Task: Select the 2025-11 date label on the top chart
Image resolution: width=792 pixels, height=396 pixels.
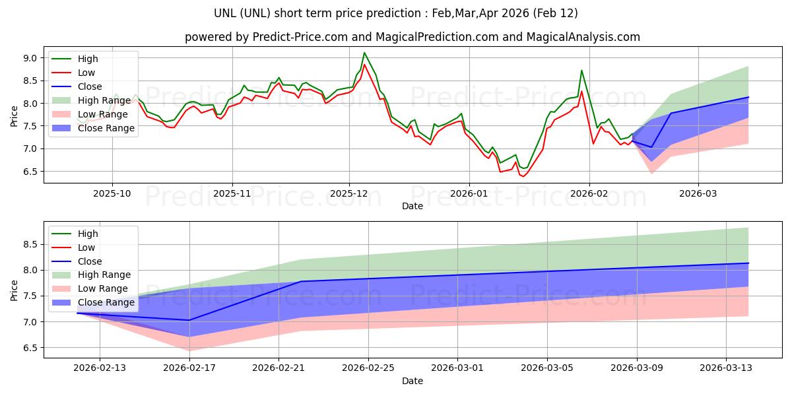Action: tap(232, 193)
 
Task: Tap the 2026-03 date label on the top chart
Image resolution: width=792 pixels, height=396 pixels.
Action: tap(698, 193)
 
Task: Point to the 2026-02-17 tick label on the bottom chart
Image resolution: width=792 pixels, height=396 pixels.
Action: tap(189, 368)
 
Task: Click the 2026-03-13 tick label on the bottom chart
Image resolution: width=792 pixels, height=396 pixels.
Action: tap(726, 368)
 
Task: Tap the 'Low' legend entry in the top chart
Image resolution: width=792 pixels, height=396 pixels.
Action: tap(86, 73)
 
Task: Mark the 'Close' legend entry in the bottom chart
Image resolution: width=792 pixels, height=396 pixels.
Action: tap(90, 261)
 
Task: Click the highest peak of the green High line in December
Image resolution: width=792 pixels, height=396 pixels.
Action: tap(364, 53)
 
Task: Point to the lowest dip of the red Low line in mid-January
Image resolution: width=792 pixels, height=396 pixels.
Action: tap(523, 176)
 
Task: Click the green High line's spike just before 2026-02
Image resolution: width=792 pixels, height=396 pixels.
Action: tap(581, 71)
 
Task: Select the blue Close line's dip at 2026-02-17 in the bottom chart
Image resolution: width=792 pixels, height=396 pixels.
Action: tap(189, 320)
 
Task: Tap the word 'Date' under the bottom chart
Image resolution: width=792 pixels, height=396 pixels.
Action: tap(412, 381)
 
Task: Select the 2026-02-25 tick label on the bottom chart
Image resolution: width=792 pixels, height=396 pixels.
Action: tap(368, 368)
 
